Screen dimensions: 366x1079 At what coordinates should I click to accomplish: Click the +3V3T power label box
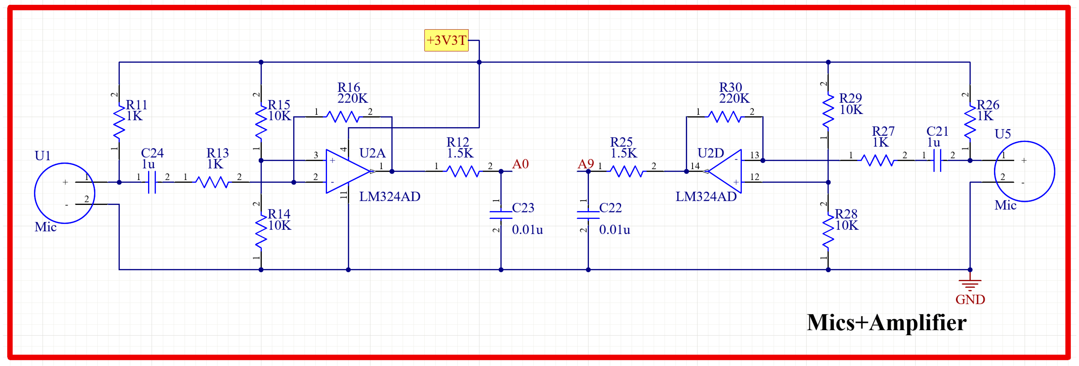(x=446, y=40)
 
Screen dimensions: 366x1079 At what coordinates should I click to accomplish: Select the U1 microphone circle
(x=64, y=193)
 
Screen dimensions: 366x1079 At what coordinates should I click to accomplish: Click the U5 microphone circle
(x=1024, y=171)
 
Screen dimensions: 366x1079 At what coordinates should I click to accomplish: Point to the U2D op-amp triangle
(x=727, y=171)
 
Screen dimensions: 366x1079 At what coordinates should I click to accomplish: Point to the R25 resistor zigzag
(x=627, y=171)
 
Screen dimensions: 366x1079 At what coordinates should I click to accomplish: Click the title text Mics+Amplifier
(x=886, y=322)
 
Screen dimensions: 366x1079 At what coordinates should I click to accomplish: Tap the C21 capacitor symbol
(x=937, y=160)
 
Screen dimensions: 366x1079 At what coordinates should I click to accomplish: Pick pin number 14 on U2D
(x=695, y=166)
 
